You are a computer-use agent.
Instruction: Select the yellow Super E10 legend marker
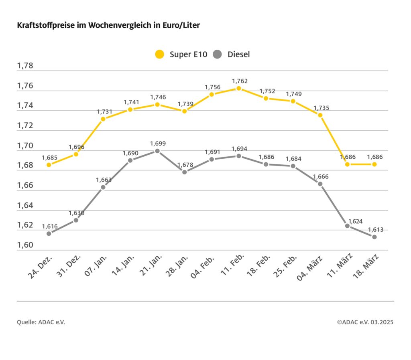click(160, 54)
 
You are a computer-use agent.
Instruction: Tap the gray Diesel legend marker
click(218, 54)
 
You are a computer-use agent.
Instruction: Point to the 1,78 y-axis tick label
click(25, 66)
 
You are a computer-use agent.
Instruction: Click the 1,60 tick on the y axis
click(25, 245)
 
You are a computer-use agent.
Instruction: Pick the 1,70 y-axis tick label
click(25, 146)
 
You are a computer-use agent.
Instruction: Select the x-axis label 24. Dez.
click(41, 266)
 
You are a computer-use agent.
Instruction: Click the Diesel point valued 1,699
click(157, 151)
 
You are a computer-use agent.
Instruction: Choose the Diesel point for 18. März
click(374, 237)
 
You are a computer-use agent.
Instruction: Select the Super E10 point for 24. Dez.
click(49, 165)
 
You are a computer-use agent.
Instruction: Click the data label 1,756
click(212, 87)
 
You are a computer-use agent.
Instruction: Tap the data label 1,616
click(50, 227)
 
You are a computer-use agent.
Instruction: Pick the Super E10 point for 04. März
click(320, 115)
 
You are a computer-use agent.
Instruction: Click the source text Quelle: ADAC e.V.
click(41, 322)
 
